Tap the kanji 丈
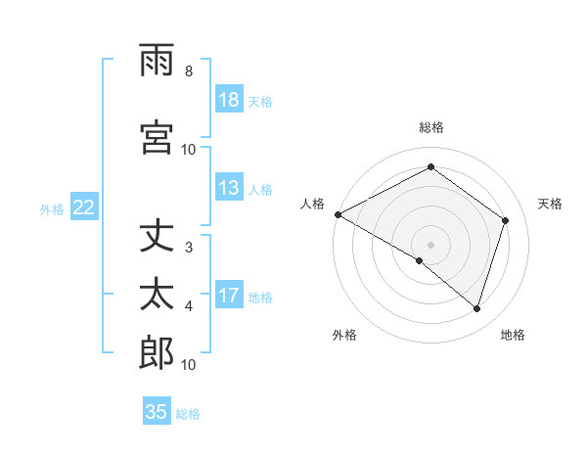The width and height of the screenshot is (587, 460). [157, 237]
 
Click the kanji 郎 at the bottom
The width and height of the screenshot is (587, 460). [157, 353]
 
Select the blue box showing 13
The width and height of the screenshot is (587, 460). [229, 189]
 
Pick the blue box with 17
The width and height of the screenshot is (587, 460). [229, 297]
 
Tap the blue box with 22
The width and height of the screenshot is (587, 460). [84, 207]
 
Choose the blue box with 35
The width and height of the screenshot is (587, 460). [157, 412]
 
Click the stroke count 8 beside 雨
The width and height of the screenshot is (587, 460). [189, 71]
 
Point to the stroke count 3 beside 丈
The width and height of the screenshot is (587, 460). [189, 248]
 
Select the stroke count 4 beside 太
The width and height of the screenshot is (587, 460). [189, 306]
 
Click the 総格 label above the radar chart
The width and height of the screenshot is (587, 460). [430, 127]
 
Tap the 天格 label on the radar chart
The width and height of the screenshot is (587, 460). [551, 204]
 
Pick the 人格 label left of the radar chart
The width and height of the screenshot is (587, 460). [312, 204]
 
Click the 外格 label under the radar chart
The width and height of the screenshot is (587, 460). [344, 335]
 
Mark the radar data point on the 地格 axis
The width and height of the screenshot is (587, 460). [477, 308]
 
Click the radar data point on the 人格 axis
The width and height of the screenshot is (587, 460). [338, 214]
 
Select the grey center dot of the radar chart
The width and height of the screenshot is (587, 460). [430, 244]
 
